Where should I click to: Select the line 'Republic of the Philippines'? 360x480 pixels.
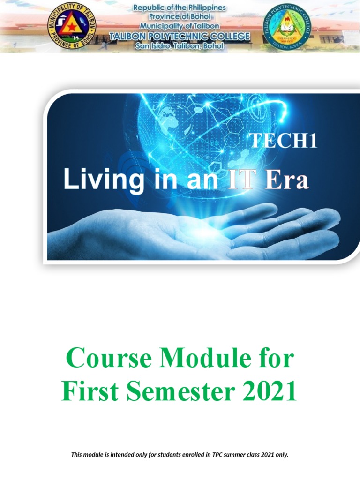point(180,8)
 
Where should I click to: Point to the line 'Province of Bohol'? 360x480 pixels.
point(180,16)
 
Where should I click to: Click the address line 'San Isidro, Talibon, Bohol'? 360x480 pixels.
point(180,46)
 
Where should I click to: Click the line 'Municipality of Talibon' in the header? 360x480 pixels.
point(180,26)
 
